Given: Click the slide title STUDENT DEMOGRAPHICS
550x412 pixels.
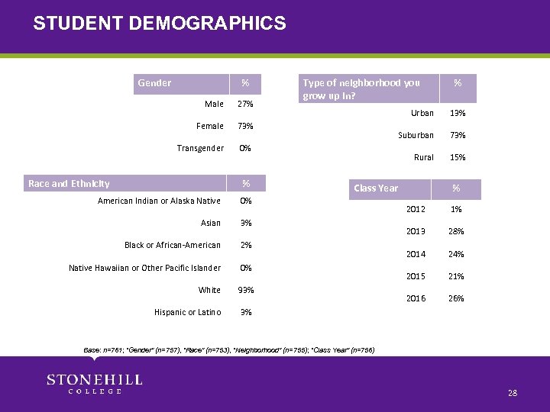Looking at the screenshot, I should pos(160,24).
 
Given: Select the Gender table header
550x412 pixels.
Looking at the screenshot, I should pos(154,82).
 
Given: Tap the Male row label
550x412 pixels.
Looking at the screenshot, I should pos(214,104).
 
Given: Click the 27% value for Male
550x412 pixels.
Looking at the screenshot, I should pos(245,104).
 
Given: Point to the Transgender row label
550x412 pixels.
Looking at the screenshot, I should pos(200,148).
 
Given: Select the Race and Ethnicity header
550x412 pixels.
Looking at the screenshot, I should pos(69,183).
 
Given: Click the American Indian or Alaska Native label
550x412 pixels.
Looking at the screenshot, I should pos(159,201).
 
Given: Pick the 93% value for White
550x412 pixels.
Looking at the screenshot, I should pos(245,290).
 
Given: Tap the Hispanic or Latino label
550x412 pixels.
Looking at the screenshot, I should pos(187,312).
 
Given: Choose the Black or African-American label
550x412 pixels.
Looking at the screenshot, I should pos(172,245).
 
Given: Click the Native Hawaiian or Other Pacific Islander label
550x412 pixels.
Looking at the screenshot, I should pos(144,268).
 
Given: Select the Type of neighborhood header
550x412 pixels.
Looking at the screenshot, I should pos(361,89).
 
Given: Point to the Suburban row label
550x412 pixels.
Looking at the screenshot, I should pos(416,135).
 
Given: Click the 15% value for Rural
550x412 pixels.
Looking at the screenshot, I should pos(458,157).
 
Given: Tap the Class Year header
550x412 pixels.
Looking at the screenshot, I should pos(376,188).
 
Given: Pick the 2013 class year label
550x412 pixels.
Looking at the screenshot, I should pos(416,232).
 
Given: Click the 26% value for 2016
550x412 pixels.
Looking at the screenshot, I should pos(456,298).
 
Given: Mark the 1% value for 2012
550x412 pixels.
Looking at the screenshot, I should pos(456,209).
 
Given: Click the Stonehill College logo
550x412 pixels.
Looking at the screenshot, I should pos(95,384).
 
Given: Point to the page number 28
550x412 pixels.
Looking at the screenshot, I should pos(512,393).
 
